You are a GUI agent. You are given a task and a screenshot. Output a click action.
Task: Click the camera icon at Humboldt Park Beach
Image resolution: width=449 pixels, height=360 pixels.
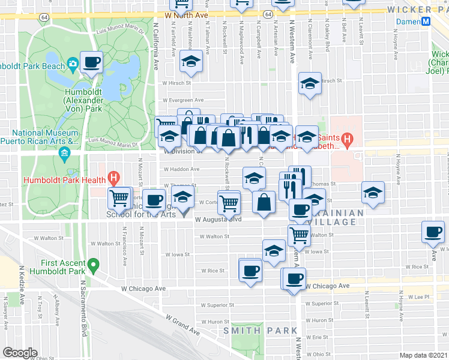72,64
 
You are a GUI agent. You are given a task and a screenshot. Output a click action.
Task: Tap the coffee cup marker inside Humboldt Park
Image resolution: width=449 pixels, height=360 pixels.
91,62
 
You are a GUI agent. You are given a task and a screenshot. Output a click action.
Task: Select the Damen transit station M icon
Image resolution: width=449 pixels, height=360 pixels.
426,21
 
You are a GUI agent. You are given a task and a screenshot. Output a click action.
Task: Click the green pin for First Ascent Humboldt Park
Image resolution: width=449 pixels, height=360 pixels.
93,264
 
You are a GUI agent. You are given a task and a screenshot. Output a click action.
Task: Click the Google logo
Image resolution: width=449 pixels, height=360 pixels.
20,353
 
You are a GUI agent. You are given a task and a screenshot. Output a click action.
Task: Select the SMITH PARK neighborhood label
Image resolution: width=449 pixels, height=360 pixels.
260,331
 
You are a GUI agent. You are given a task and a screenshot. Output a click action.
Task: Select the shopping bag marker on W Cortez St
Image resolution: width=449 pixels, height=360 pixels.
264,202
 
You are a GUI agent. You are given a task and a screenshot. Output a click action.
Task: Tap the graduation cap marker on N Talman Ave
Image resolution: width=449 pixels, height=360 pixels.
191,61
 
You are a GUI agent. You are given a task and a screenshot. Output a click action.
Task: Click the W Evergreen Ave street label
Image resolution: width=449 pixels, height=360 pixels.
181,100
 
